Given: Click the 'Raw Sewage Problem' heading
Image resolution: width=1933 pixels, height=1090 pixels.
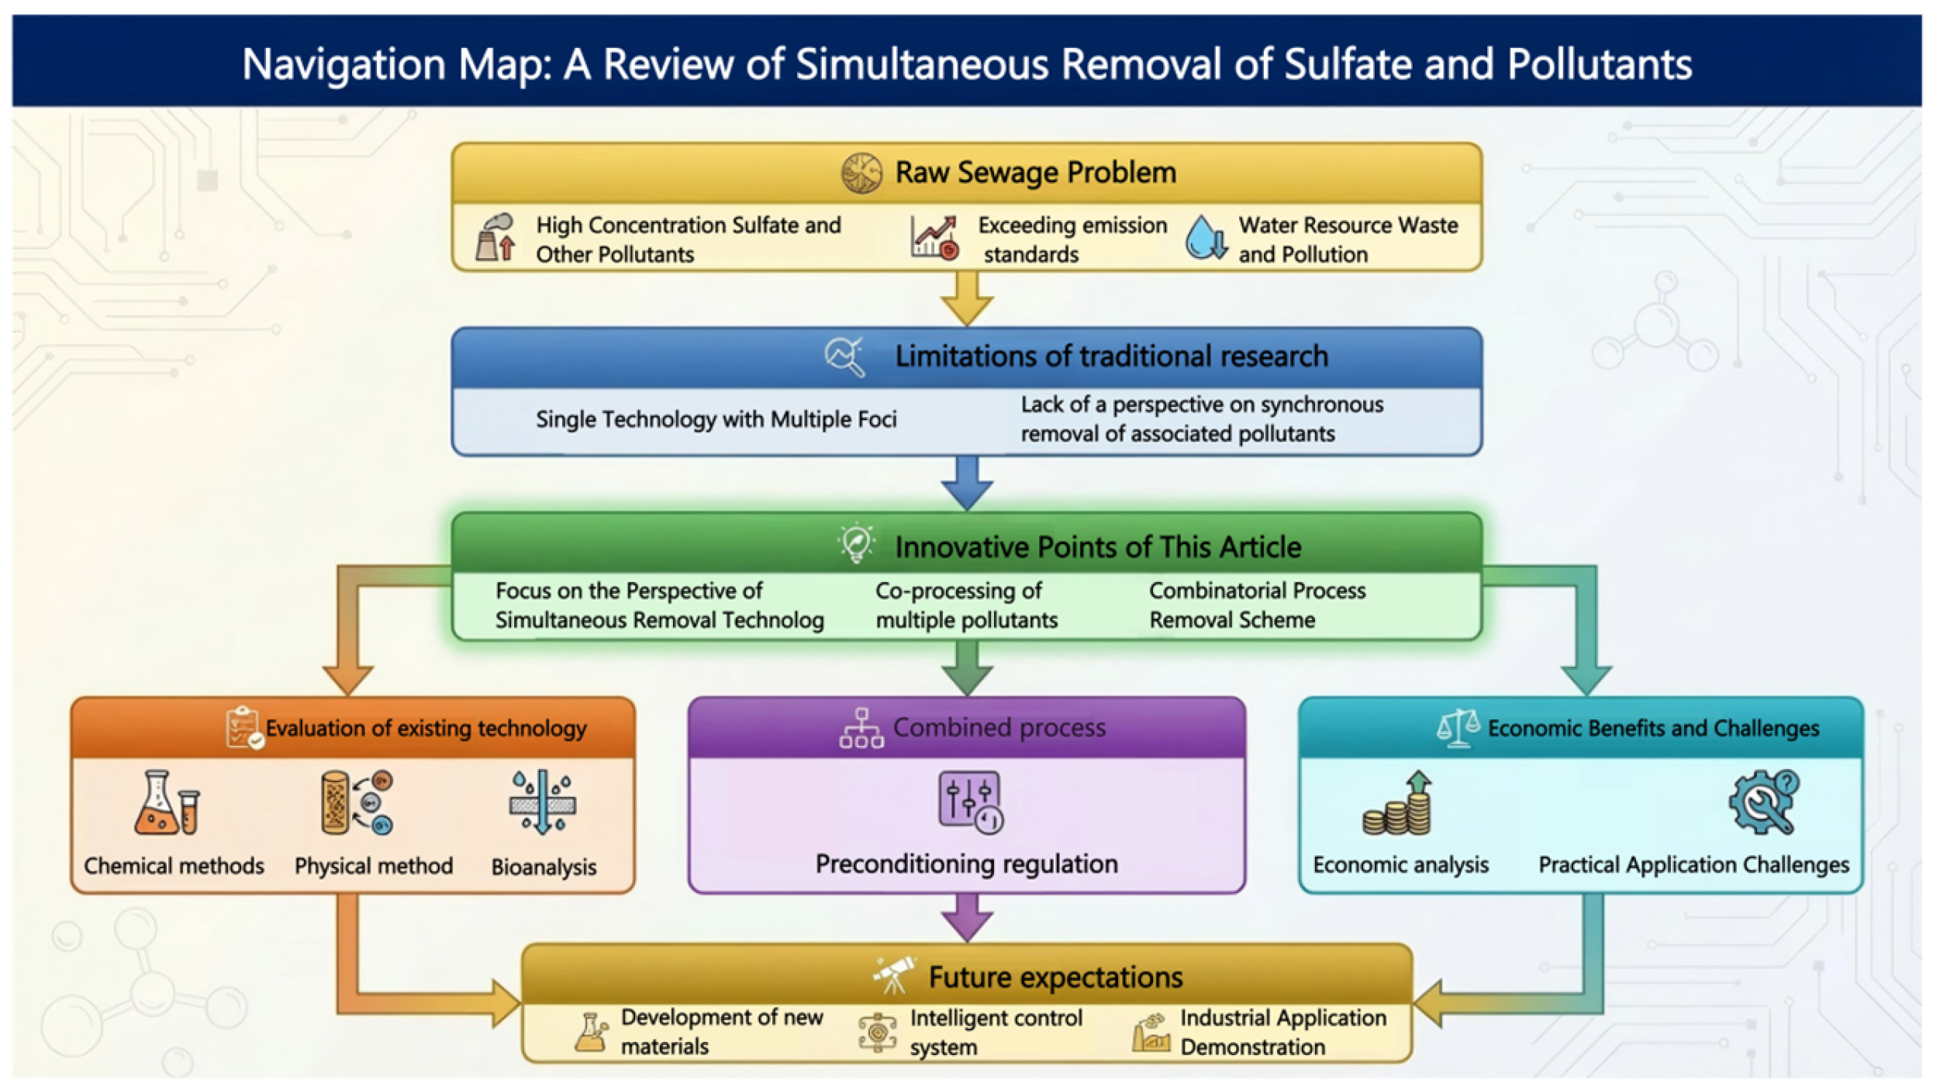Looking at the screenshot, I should [x=1034, y=172].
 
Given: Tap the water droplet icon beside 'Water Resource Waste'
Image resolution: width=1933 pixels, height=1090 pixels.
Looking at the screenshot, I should [x=1204, y=237].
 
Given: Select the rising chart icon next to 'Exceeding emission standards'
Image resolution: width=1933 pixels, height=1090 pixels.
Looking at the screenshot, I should [x=934, y=237].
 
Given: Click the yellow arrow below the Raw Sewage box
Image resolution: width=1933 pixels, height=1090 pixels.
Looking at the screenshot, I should [x=966, y=299].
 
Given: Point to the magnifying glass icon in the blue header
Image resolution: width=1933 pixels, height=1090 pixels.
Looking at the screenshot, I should [x=844, y=357].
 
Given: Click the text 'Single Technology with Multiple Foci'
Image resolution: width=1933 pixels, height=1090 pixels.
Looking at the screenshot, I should [x=715, y=419].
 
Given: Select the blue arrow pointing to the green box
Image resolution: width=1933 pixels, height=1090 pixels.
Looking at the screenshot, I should [x=966, y=483].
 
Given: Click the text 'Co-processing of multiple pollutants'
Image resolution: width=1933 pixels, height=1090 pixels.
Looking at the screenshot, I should [x=965, y=605].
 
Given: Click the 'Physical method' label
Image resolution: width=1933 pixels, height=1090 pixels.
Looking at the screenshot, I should [x=373, y=865].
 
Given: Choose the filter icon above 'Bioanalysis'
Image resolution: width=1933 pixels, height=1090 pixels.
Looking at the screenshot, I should [x=542, y=802].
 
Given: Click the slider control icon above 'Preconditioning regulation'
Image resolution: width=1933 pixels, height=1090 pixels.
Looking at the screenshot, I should [x=969, y=802].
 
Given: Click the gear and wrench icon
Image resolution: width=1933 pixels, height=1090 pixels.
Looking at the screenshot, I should [x=1764, y=802].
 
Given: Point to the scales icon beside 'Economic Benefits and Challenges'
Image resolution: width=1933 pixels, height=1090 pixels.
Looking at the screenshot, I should [x=1458, y=727].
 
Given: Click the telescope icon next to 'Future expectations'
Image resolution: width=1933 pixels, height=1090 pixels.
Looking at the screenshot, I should [x=893, y=974].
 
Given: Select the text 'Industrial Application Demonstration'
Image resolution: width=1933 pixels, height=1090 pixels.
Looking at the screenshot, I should [x=1282, y=1032].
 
